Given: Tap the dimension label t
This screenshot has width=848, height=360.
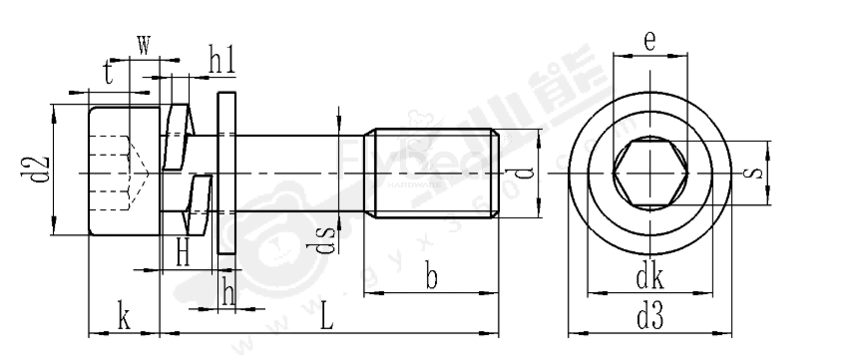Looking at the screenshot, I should [x=108, y=72].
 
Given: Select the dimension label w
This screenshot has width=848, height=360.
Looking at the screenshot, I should [x=144, y=46].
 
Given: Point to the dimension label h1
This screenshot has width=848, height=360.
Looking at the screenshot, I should [x=221, y=59].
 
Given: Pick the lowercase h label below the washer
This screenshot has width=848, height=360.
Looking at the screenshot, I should [x=228, y=291].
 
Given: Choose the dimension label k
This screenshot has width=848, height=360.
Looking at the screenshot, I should [x=124, y=317].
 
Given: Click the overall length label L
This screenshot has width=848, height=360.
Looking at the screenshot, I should [x=327, y=318].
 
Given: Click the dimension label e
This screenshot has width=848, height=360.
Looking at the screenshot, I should [x=649, y=41].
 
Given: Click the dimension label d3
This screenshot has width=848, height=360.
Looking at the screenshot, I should [x=648, y=318].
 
